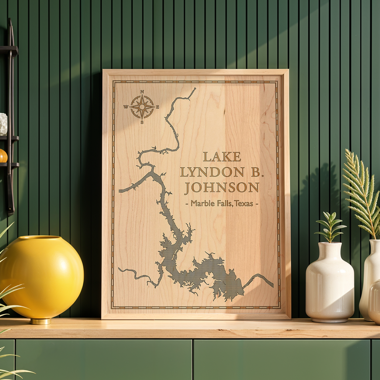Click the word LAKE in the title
(x=222, y=157)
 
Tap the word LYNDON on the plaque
(x=212, y=172)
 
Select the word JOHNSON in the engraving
(x=222, y=188)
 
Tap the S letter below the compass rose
(x=142, y=122)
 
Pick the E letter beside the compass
(x=158, y=107)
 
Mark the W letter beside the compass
(x=126, y=107)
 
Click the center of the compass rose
(x=142, y=107)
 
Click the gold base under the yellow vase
(x=41, y=321)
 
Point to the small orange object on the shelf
(x=3, y=156)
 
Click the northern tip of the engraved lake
(x=195, y=89)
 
